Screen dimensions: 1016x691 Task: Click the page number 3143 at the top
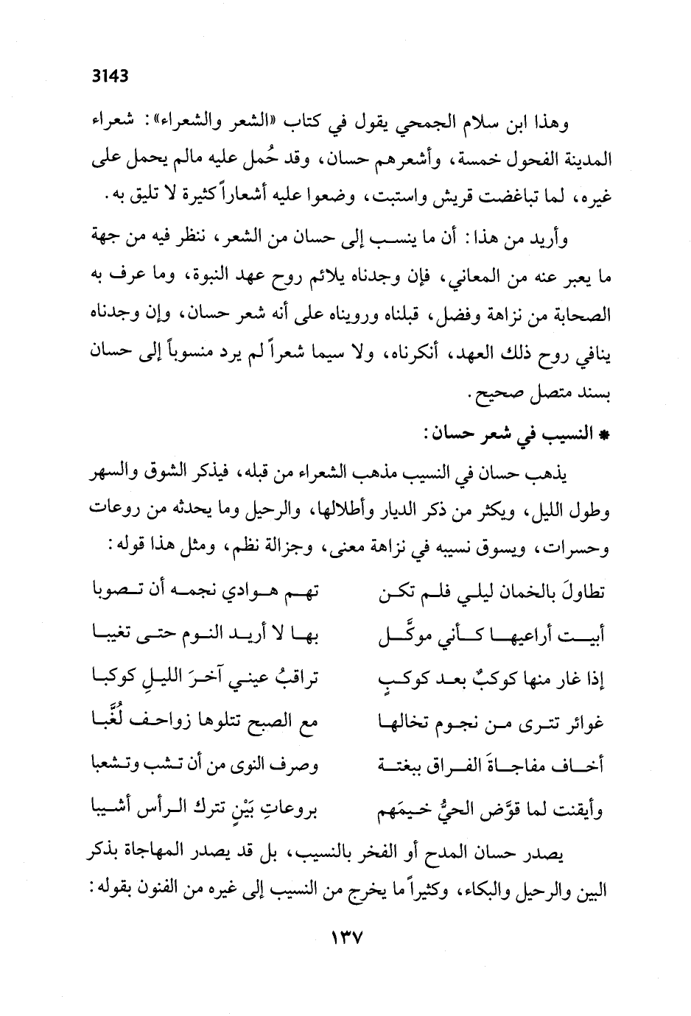click(x=109, y=74)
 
